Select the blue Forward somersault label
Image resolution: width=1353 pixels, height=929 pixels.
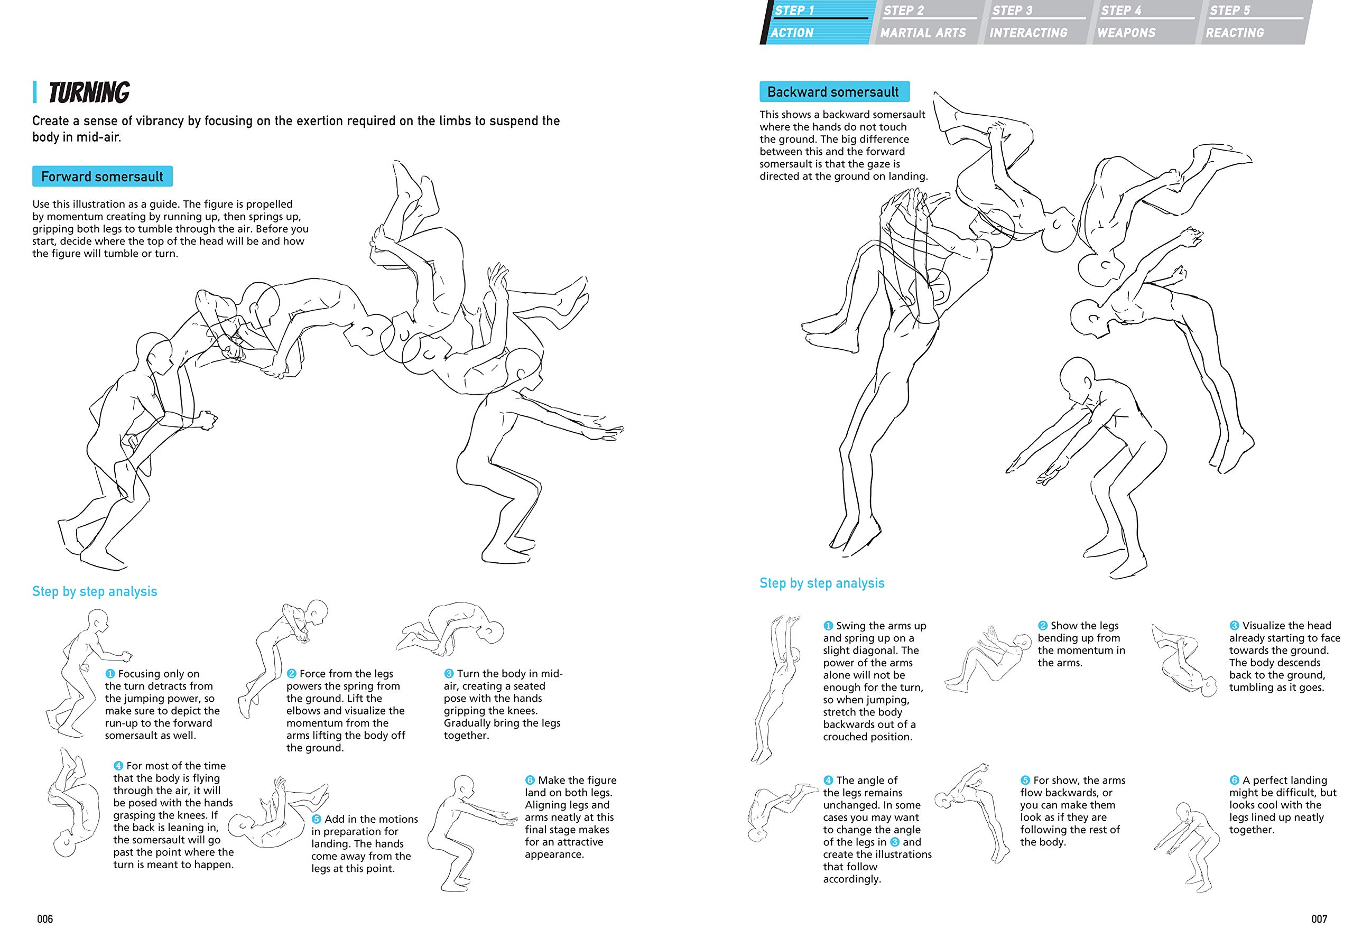pyautogui.click(x=102, y=176)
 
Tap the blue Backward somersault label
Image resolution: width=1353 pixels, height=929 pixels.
pyautogui.click(x=833, y=92)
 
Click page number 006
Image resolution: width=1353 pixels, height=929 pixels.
pyautogui.click(x=45, y=919)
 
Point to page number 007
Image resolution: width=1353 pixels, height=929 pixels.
pyautogui.click(x=1319, y=919)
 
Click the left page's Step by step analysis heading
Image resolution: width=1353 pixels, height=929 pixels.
pyautogui.click(x=94, y=591)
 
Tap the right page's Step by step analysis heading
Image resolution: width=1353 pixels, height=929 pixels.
pyautogui.click(x=821, y=583)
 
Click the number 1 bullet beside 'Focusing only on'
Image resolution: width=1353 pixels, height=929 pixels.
pyautogui.click(x=110, y=673)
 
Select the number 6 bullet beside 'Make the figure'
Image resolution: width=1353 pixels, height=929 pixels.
pyautogui.click(x=530, y=780)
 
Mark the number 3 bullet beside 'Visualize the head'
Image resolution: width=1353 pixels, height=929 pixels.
pyautogui.click(x=1234, y=626)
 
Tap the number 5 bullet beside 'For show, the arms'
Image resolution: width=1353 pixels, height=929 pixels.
pyautogui.click(x=1025, y=780)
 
